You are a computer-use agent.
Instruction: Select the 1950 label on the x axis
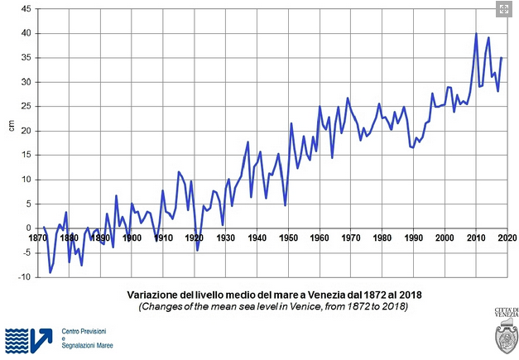pos(289,238)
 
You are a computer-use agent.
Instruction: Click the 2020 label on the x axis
pos(507,238)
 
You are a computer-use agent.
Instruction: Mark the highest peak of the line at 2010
pos(476,34)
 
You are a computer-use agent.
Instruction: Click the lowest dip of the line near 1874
pos(50,272)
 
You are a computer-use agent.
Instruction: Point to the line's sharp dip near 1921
pos(197,249)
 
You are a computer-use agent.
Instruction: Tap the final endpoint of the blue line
pos(502,57)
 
